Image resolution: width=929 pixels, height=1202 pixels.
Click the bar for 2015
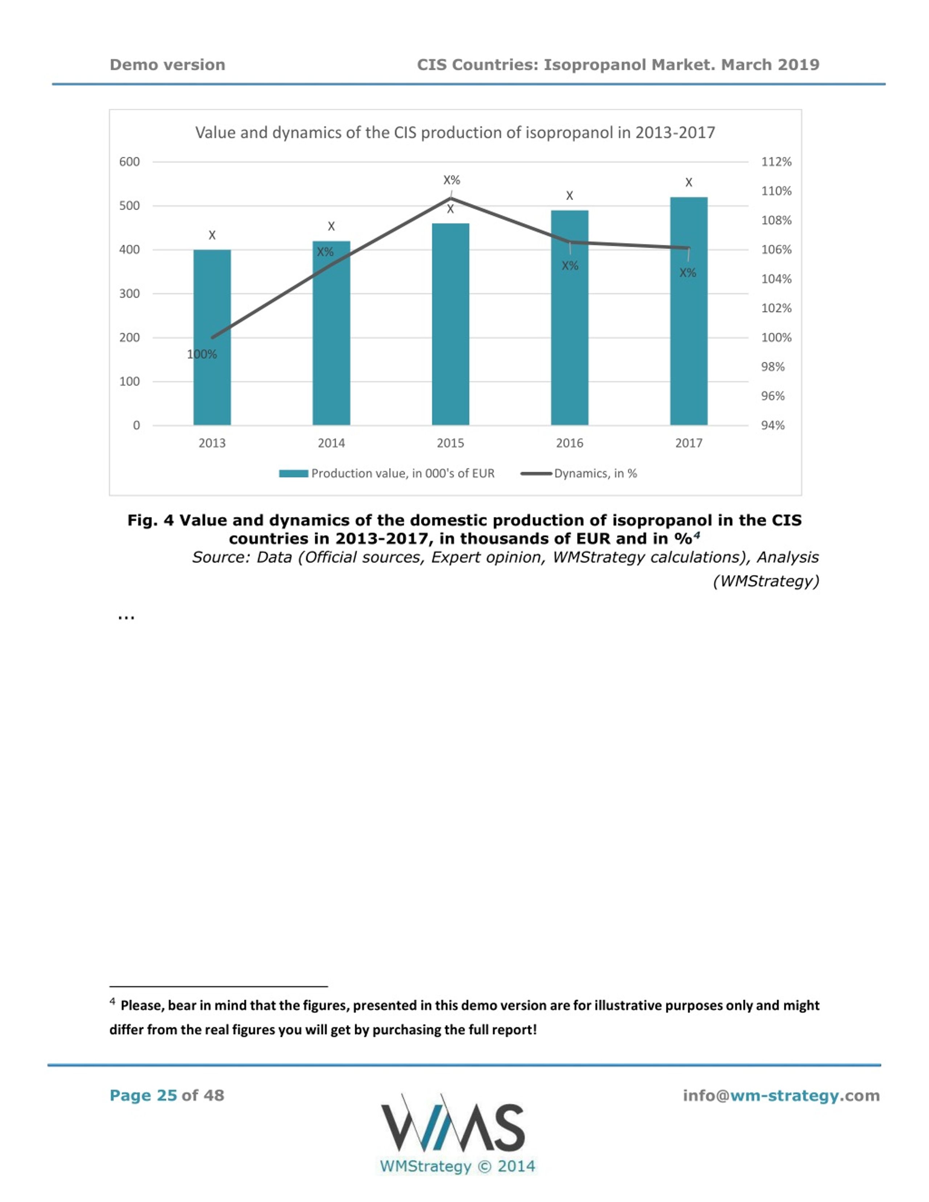450,324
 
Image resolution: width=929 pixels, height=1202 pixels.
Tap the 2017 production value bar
688,311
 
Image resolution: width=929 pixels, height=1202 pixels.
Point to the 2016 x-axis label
569,443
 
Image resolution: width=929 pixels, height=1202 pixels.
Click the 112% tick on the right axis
776,162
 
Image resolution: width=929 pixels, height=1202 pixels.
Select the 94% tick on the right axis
773,425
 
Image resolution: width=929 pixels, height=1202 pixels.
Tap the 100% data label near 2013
202,354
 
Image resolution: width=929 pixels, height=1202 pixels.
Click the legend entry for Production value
386,473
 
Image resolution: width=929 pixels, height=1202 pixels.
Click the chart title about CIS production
455,133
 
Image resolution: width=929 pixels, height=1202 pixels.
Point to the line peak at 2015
451,198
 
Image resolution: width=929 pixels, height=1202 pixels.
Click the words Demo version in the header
167,65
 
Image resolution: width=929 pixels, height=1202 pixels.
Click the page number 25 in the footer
167,1095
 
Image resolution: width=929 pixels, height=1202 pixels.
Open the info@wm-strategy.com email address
781,1096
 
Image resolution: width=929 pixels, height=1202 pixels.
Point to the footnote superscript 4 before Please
112,1001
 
